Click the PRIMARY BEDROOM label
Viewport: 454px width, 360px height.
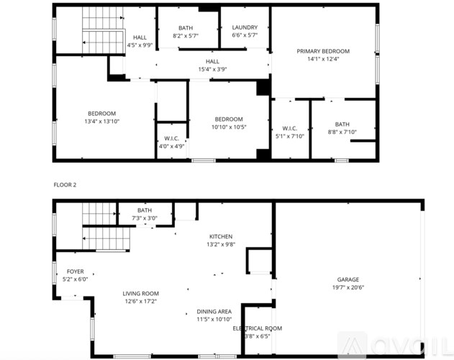click(323, 51)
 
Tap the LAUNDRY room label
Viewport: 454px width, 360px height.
click(245, 27)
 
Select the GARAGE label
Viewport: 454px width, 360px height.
click(348, 279)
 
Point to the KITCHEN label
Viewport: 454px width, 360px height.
click(220, 236)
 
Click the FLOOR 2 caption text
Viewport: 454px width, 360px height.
click(65, 185)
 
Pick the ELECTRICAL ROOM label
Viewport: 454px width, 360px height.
click(257, 328)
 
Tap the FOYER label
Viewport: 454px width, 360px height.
click(75, 271)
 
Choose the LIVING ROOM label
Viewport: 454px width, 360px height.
click(140, 293)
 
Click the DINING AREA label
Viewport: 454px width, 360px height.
click(214, 311)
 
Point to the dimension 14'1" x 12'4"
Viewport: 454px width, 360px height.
click(323, 59)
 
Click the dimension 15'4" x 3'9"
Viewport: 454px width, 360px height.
click(212, 69)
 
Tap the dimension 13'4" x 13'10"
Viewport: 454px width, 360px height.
click(102, 121)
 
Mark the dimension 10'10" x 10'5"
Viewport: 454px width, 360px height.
click(229, 127)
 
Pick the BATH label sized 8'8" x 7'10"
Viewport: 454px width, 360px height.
click(342, 124)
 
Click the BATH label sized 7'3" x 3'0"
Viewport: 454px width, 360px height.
click(145, 210)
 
